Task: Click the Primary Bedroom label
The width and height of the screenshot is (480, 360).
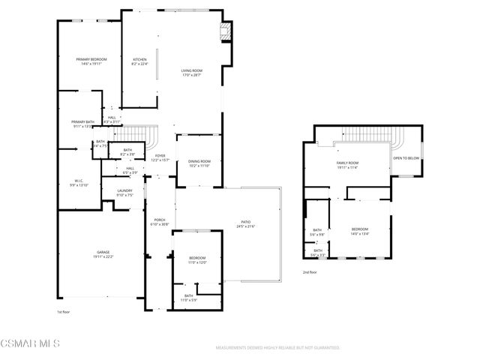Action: point(88,59)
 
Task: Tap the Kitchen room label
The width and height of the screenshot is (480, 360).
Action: point(140,59)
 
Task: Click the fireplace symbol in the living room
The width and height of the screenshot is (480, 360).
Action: point(223,31)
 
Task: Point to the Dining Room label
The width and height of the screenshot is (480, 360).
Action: point(199,161)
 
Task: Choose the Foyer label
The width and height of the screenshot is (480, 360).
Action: point(160,157)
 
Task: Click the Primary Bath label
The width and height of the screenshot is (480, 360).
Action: point(82,122)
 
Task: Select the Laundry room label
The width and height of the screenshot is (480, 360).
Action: point(124,191)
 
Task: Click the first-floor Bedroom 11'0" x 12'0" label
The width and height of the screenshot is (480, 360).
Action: point(197,259)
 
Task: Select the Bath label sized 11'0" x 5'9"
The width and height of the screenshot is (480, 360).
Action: point(188,296)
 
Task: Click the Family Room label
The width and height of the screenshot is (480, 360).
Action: point(347,163)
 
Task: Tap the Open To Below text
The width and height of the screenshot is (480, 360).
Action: point(406,158)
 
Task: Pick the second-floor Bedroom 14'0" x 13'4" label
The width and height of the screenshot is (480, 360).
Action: point(360,231)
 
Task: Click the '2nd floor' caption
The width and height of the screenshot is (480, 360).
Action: point(310,272)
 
